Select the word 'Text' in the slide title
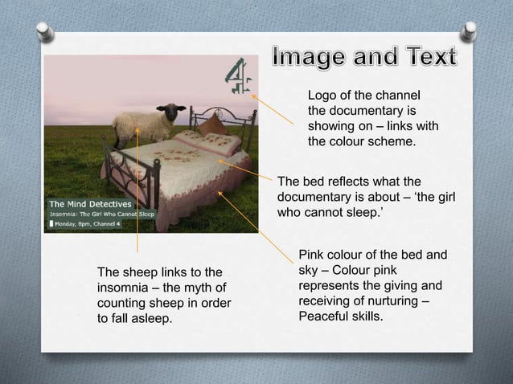(x=425, y=58)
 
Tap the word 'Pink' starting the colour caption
(x=313, y=255)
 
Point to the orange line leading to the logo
(x=274, y=109)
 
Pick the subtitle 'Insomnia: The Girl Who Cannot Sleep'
(x=105, y=214)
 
